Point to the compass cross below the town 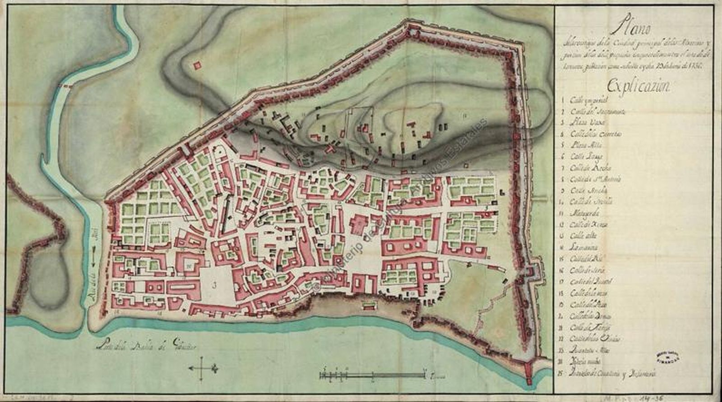point(202,368)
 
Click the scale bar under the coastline point(372,375)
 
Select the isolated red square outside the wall point(196,66)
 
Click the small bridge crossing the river point(68,85)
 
